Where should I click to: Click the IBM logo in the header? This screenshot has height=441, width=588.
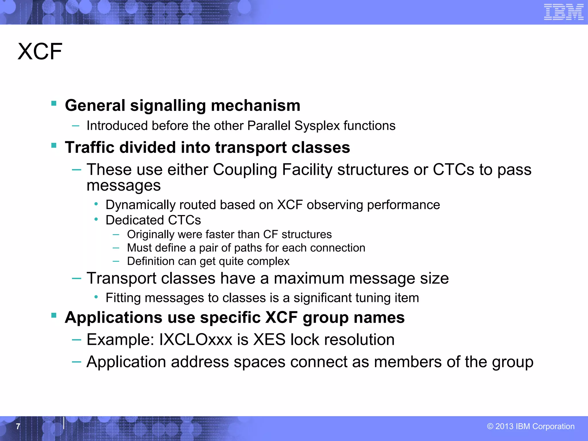click(564, 12)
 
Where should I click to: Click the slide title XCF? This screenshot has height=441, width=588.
click(40, 52)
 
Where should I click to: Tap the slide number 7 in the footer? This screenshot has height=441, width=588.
click(18, 426)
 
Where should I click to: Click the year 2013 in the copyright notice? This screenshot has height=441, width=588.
click(504, 426)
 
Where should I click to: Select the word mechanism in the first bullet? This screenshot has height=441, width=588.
click(256, 105)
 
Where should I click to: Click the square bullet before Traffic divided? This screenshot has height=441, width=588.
click(54, 145)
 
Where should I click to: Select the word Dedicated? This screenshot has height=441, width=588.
click(135, 220)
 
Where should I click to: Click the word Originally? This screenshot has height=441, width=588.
click(150, 235)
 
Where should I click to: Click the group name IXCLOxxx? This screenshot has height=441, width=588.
click(195, 340)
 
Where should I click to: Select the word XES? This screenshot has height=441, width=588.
click(269, 340)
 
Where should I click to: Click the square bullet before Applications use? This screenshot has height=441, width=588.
click(54, 316)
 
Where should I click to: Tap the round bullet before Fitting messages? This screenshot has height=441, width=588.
click(96, 297)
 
